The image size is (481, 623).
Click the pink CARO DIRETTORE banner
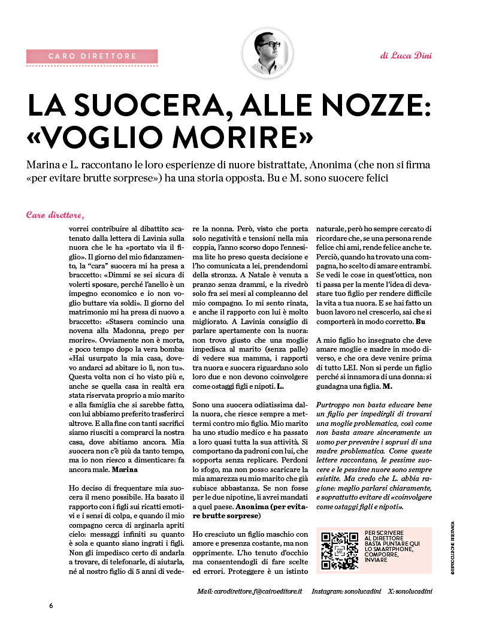pyautogui.click(x=92, y=56)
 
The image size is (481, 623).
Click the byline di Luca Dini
pyautogui.click(x=406, y=56)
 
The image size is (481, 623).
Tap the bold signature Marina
pyautogui.click(x=125, y=470)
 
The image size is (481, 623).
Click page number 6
pyautogui.click(x=52, y=605)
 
